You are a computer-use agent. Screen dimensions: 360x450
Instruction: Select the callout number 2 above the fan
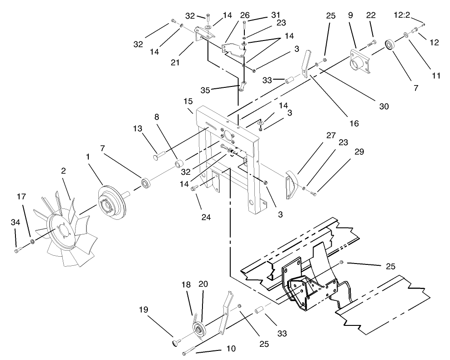pos(64,171)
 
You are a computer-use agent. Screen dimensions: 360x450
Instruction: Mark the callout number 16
pos(354,123)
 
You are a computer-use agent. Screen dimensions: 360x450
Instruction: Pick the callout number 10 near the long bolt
pos(231,349)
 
